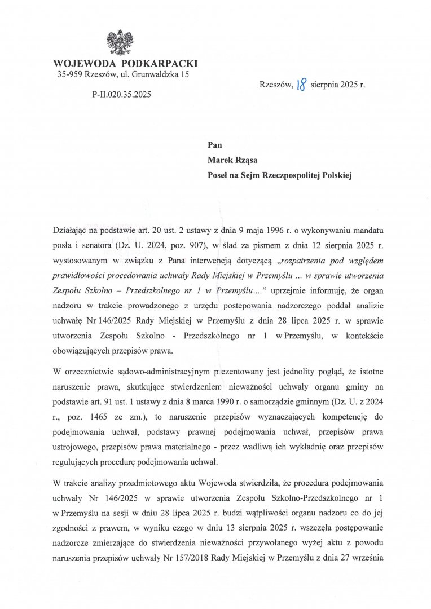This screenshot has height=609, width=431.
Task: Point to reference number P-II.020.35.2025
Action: [x=121, y=95]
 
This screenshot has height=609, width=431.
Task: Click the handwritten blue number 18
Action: [x=302, y=86]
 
